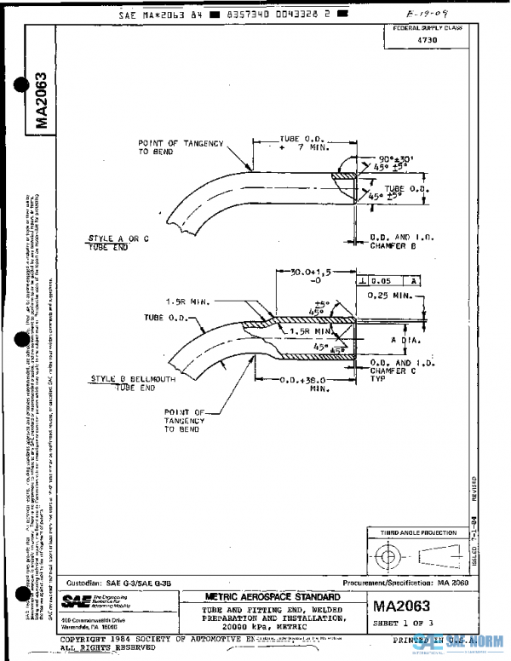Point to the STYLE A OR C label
click(121, 238)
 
